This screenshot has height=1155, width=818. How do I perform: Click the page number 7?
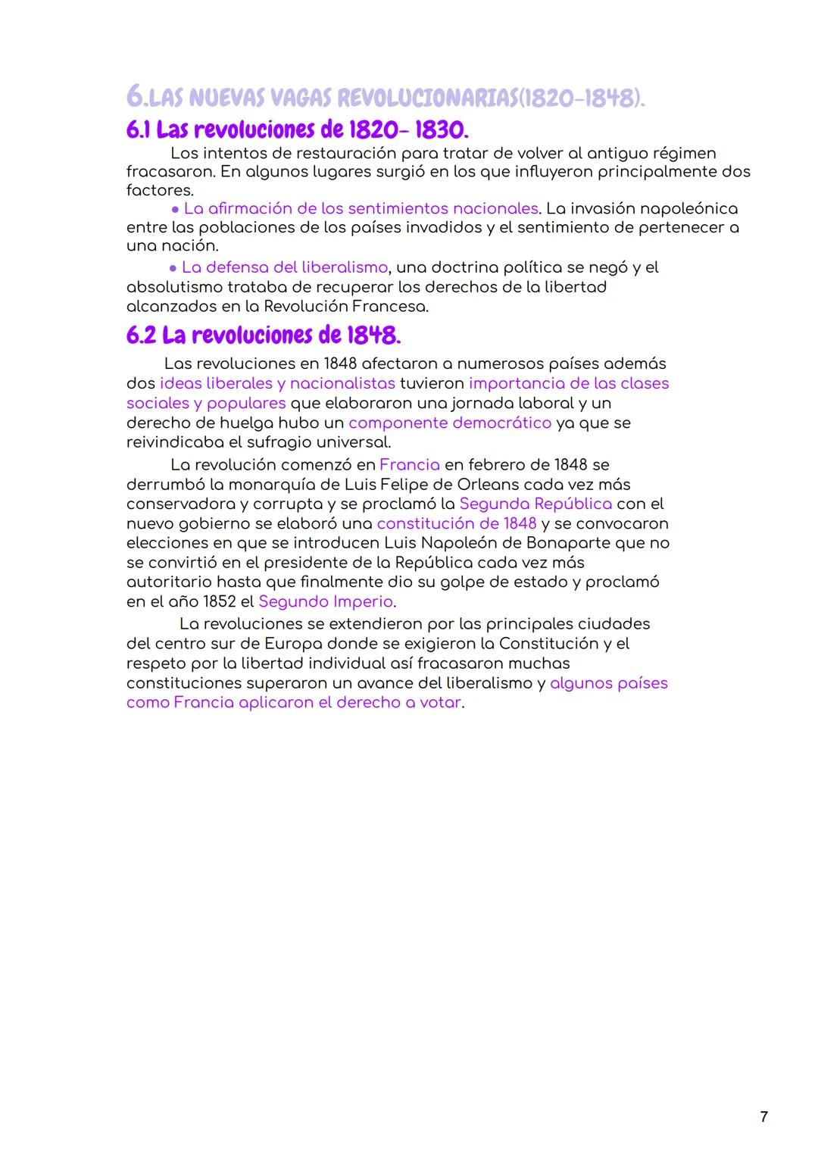coord(763,1116)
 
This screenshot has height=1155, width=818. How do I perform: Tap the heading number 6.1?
coord(139,130)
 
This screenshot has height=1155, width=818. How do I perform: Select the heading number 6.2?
coord(141,336)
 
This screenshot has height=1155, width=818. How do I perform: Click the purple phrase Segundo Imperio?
coord(326,602)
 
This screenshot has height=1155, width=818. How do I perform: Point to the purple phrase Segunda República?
coord(535,504)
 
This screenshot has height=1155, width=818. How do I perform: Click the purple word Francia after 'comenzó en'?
coord(409,465)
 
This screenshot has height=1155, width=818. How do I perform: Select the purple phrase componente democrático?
coord(450,423)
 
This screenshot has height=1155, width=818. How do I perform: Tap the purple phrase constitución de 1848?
coord(456,524)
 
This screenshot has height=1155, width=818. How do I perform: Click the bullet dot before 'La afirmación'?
coord(175,209)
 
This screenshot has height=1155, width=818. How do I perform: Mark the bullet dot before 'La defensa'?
coord(173,268)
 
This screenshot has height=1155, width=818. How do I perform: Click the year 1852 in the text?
coord(220,602)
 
